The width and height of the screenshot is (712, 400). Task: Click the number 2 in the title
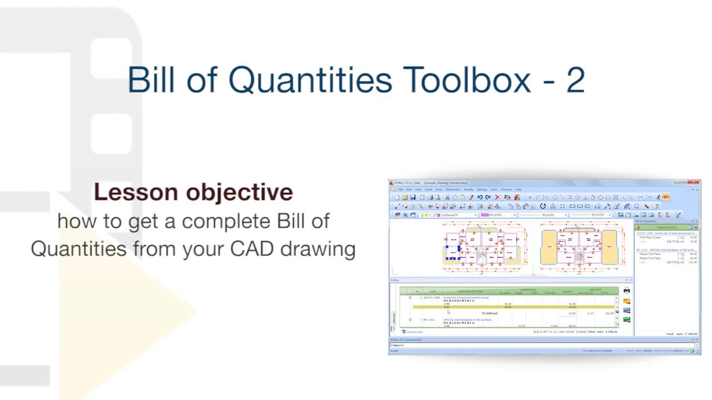click(x=575, y=79)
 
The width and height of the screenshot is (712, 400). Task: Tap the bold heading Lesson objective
click(x=193, y=192)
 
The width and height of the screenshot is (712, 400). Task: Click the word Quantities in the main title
click(x=310, y=79)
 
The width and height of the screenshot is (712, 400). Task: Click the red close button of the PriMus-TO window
click(x=694, y=182)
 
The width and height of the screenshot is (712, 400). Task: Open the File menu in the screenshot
click(x=400, y=189)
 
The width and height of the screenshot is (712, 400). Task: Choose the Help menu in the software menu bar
click(x=518, y=189)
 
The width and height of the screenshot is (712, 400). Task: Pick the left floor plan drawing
click(x=484, y=247)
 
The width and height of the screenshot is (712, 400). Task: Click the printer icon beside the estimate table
click(x=627, y=291)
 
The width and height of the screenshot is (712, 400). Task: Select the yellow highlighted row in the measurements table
click(x=512, y=307)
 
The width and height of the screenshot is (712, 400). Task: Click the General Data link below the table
click(x=414, y=332)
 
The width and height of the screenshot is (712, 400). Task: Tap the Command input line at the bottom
click(x=501, y=345)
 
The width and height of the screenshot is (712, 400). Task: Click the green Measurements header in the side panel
click(x=666, y=227)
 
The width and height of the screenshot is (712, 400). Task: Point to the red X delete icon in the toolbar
click(x=497, y=197)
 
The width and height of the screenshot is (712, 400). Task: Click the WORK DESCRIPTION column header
click(x=470, y=291)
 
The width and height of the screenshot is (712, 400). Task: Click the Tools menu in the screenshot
click(x=493, y=189)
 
